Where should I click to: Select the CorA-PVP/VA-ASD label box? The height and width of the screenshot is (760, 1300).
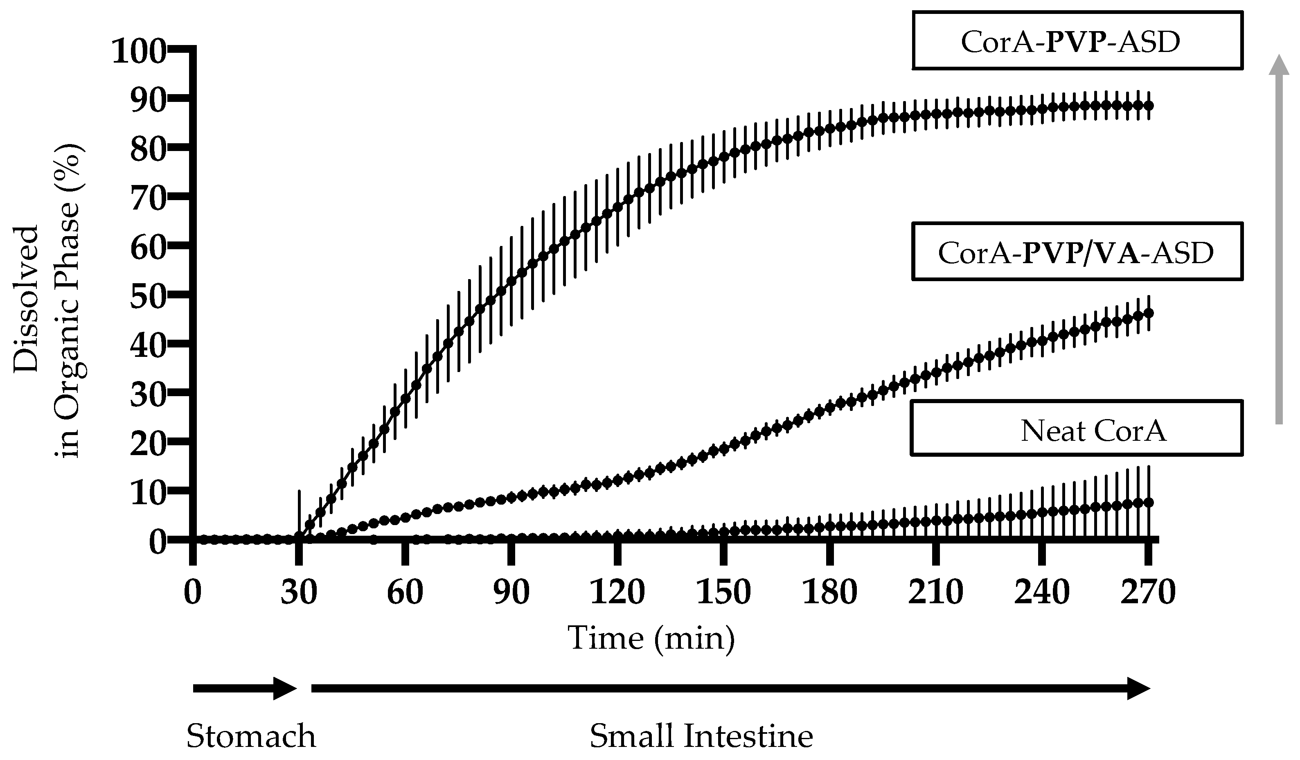(1077, 252)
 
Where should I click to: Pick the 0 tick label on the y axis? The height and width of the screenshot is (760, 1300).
(158, 542)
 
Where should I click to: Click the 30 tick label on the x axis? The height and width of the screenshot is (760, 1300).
(299, 592)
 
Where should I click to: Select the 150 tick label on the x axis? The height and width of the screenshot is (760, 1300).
(723, 592)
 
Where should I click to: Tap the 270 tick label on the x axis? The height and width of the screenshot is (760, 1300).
(1148, 592)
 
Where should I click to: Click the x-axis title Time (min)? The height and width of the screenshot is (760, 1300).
(651, 638)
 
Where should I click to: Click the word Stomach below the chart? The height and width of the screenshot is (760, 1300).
(251, 736)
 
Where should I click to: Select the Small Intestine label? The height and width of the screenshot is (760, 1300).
(702, 736)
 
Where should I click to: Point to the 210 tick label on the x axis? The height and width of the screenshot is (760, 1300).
(935, 592)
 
